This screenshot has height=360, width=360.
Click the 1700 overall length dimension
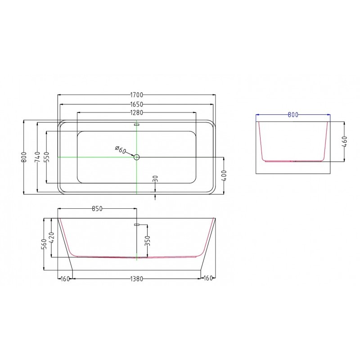(x=137, y=95)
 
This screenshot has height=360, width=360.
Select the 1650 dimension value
(x=137, y=104)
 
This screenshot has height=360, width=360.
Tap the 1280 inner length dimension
(x=137, y=113)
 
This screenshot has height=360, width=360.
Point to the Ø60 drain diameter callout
(x=120, y=150)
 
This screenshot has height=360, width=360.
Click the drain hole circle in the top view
(x=137, y=157)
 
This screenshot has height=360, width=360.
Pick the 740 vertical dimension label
(x=37, y=157)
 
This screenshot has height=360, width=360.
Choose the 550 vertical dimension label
(x=47, y=157)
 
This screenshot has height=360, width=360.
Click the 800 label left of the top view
(x=24, y=157)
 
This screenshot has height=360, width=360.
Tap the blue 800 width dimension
(x=293, y=115)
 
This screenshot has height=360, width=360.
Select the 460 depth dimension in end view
(x=344, y=142)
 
